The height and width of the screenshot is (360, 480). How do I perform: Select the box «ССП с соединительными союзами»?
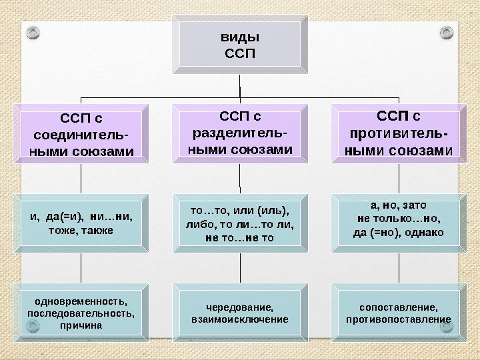80,135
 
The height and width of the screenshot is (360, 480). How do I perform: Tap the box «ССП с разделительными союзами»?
240,133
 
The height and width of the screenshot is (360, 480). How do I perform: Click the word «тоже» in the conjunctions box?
63,230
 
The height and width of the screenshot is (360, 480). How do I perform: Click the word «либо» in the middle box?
199,224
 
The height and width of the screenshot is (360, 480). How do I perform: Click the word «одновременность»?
80,301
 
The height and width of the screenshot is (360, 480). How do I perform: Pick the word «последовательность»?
80,313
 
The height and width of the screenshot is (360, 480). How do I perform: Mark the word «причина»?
80,325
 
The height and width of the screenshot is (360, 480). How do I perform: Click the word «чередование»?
240,307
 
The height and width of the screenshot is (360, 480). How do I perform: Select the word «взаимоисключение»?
240,319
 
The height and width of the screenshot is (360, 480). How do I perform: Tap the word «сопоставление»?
399,307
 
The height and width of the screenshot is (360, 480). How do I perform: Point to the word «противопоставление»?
399,319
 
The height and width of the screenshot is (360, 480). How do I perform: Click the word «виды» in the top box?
240,37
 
